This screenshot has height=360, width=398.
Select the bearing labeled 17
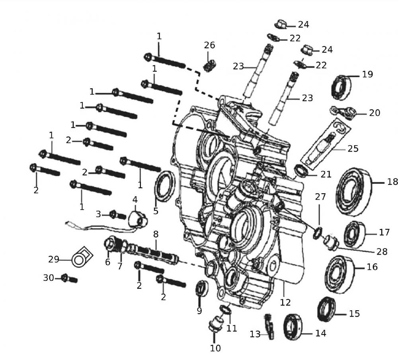pyautogui.click(x=354, y=234)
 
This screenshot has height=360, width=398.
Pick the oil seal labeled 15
pyautogui.click(x=326, y=309)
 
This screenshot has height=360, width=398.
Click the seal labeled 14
pyautogui.click(x=294, y=327)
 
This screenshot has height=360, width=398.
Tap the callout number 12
pyautogui.click(x=285, y=302)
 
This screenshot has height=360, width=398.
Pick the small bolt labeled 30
pyautogui.click(x=66, y=278)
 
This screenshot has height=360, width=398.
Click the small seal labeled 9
pyautogui.click(x=201, y=289)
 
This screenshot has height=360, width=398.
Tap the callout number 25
pyautogui.click(x=353, y=149)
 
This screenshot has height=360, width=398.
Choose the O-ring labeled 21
pyautogui.click(x=301, y=171)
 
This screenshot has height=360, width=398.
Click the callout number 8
pyautogui.click(x=156, y=234)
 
